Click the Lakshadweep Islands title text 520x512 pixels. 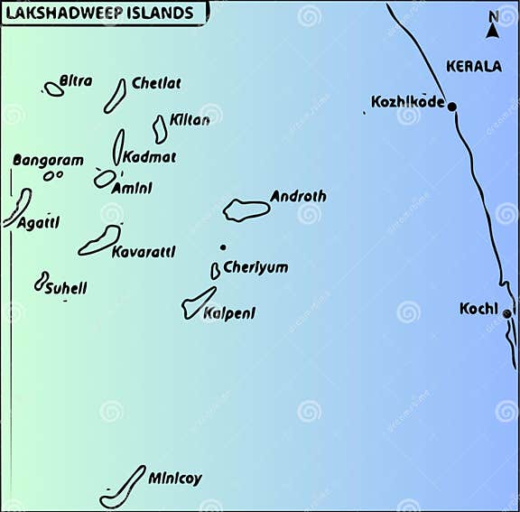[x=100, y=14]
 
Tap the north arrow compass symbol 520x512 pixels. [x=493, y=26]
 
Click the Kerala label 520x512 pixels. [x=474, y=67]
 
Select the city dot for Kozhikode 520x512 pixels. [x=452, y=107]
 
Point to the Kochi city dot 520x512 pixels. [x=507, y=314]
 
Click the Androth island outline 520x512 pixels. [x=246, y=210]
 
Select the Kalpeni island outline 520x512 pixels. [x=199, y=303]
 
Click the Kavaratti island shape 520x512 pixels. [x=99, y=240]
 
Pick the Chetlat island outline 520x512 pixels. [x=115, y=96]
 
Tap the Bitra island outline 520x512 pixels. [x=54, y=89]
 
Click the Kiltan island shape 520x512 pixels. [x=160, y=129]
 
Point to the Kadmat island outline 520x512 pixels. [x=118, y=146]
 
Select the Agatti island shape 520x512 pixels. [x=18, y=207]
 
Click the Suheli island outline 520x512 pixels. [x=41, y=282]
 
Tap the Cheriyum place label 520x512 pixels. [x=255, y=268]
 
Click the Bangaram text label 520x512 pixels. [x=48, y=161]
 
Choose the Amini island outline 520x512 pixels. [x=105, y=179]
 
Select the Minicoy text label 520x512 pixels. [x=175, y=479]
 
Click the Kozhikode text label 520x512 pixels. [x=408, y=102]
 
